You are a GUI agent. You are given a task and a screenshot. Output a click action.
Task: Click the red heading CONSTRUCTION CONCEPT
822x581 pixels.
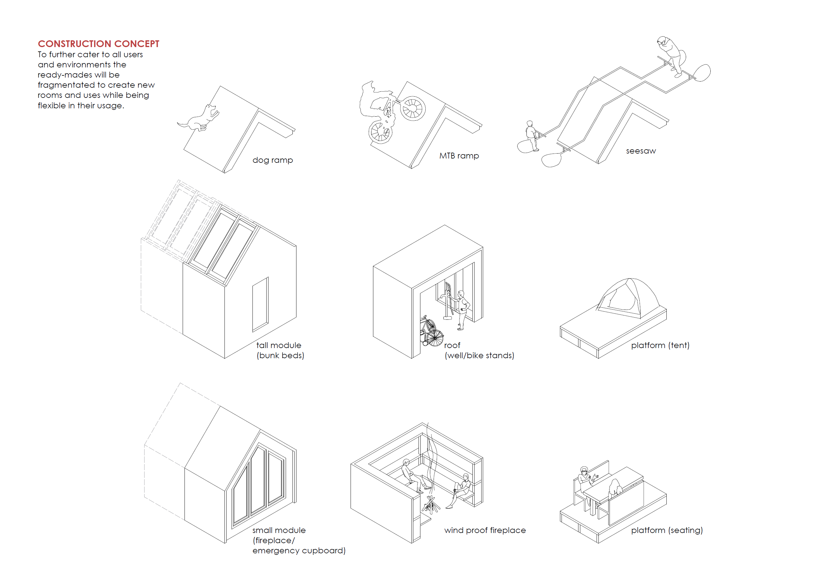click(98, 44)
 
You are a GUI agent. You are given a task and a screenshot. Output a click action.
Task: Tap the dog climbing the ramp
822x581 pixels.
click(201, 118)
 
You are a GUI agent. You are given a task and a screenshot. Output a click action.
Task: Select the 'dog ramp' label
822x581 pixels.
click(272, 160)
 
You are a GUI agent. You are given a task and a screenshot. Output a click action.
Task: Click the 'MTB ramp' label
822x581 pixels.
click(459, 156)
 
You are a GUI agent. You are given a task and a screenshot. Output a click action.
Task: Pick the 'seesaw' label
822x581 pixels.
click(641, 151)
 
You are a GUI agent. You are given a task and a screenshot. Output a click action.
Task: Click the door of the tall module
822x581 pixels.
click(260, 304)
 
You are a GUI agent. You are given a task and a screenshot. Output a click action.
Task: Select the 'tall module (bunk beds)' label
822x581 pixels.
click(280, 350)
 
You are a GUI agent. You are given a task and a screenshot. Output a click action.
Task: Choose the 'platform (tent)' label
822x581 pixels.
click(660, 345)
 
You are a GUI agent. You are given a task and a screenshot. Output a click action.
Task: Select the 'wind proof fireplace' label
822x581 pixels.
click(485, 530)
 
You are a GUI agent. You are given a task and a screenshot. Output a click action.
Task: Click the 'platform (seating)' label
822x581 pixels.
click(667, 530)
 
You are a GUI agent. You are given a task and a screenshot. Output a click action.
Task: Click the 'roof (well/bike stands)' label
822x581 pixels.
click(479, 350)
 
